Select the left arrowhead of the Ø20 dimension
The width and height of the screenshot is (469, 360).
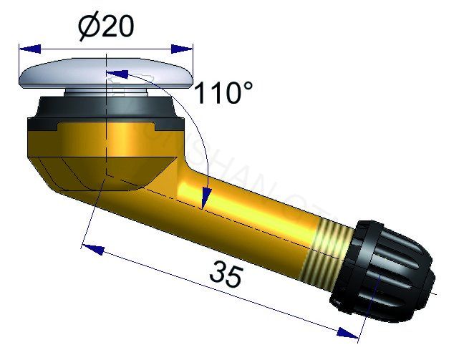point(27,49)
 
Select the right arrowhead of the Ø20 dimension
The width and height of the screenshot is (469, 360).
point(184,49)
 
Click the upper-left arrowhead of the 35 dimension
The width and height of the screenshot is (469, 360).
point(91,248)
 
